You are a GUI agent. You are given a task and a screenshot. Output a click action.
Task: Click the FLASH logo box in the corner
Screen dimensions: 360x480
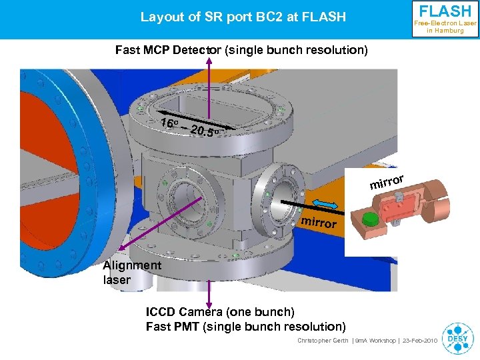tap(445, 19)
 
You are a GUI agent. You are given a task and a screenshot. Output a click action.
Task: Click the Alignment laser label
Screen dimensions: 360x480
tap(131, 272)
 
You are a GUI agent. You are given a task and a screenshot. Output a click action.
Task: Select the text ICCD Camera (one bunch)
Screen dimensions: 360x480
tap(220, 312)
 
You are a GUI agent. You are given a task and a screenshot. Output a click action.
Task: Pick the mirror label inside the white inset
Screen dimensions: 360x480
tap(387, 181)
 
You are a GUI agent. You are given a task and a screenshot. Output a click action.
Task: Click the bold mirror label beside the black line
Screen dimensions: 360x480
tap(319, 222)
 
